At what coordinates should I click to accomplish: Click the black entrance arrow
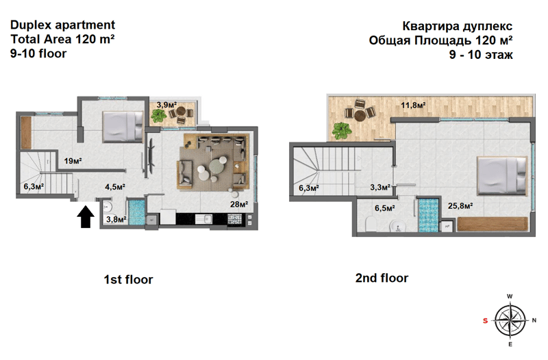click(85, 217)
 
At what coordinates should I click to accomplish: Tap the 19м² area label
click(73, 161)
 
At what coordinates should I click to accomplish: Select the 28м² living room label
click(239, 204)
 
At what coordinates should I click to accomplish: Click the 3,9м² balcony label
click(166, 105)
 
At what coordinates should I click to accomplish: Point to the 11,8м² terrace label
click(413, 105)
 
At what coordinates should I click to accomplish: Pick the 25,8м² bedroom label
click(460, 206)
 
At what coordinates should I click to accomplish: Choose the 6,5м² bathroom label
click(385, 209)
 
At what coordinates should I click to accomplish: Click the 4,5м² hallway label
click(115, 187)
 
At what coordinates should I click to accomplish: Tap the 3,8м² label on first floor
click(116, 220)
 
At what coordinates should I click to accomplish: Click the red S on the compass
click(485, 320)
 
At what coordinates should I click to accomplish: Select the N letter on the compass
click(534, 320)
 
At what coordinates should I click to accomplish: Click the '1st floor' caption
click(128, 280)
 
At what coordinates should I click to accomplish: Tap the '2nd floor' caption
click(382, 279)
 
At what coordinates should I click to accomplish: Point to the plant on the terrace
click(341, 131)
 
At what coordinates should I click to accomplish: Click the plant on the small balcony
click(158, 115)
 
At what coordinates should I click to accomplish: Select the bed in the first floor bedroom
click(123, 127)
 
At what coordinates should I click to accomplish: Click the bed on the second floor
click(502, 175)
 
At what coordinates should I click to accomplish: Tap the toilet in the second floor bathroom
click(371, 224)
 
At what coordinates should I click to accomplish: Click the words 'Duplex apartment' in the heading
click(62, 25)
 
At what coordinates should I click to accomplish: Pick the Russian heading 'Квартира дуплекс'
click(458, 26)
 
